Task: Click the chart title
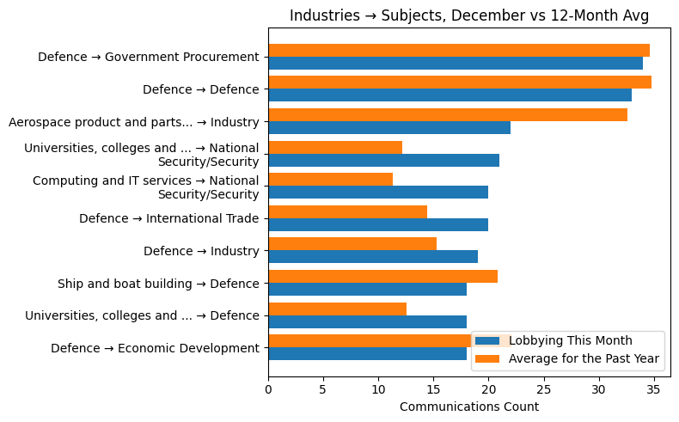pyautogui.click(x=468, y=15)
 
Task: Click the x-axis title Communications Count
pyautogui.click(x=468, y=407)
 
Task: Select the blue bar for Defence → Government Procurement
pyautogui.click(x=455, y=64)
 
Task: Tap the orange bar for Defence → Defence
pyautogui.click(x=459, y=83)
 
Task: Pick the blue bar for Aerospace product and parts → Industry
pyautogui.click(x=388, y=128)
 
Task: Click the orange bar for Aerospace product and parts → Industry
pyautogui.click(x=447, y=115)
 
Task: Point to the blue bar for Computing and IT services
pyautogui.click(x=377, y=193)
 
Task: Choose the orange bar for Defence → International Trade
pyautogui.click(x=347, y=212)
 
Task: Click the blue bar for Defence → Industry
pyautogui.click(x=372, y=257)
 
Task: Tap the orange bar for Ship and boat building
pyautogui.click(x=382, y=277)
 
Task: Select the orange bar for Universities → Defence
pyautogui.click(x=337, y=309)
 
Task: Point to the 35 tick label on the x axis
pyautogui.click(x=653, y=389)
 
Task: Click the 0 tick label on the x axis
pyautogui.click(x=268, y=389)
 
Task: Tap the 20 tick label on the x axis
pyautogui.click(x=488, y=389)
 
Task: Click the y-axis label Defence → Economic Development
pyautogui.click(x=155, y=348)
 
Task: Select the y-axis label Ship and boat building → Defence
pyautogui.click(x=158, y=284)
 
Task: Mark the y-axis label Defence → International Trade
pyautogui.click(x=168, y=218)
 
